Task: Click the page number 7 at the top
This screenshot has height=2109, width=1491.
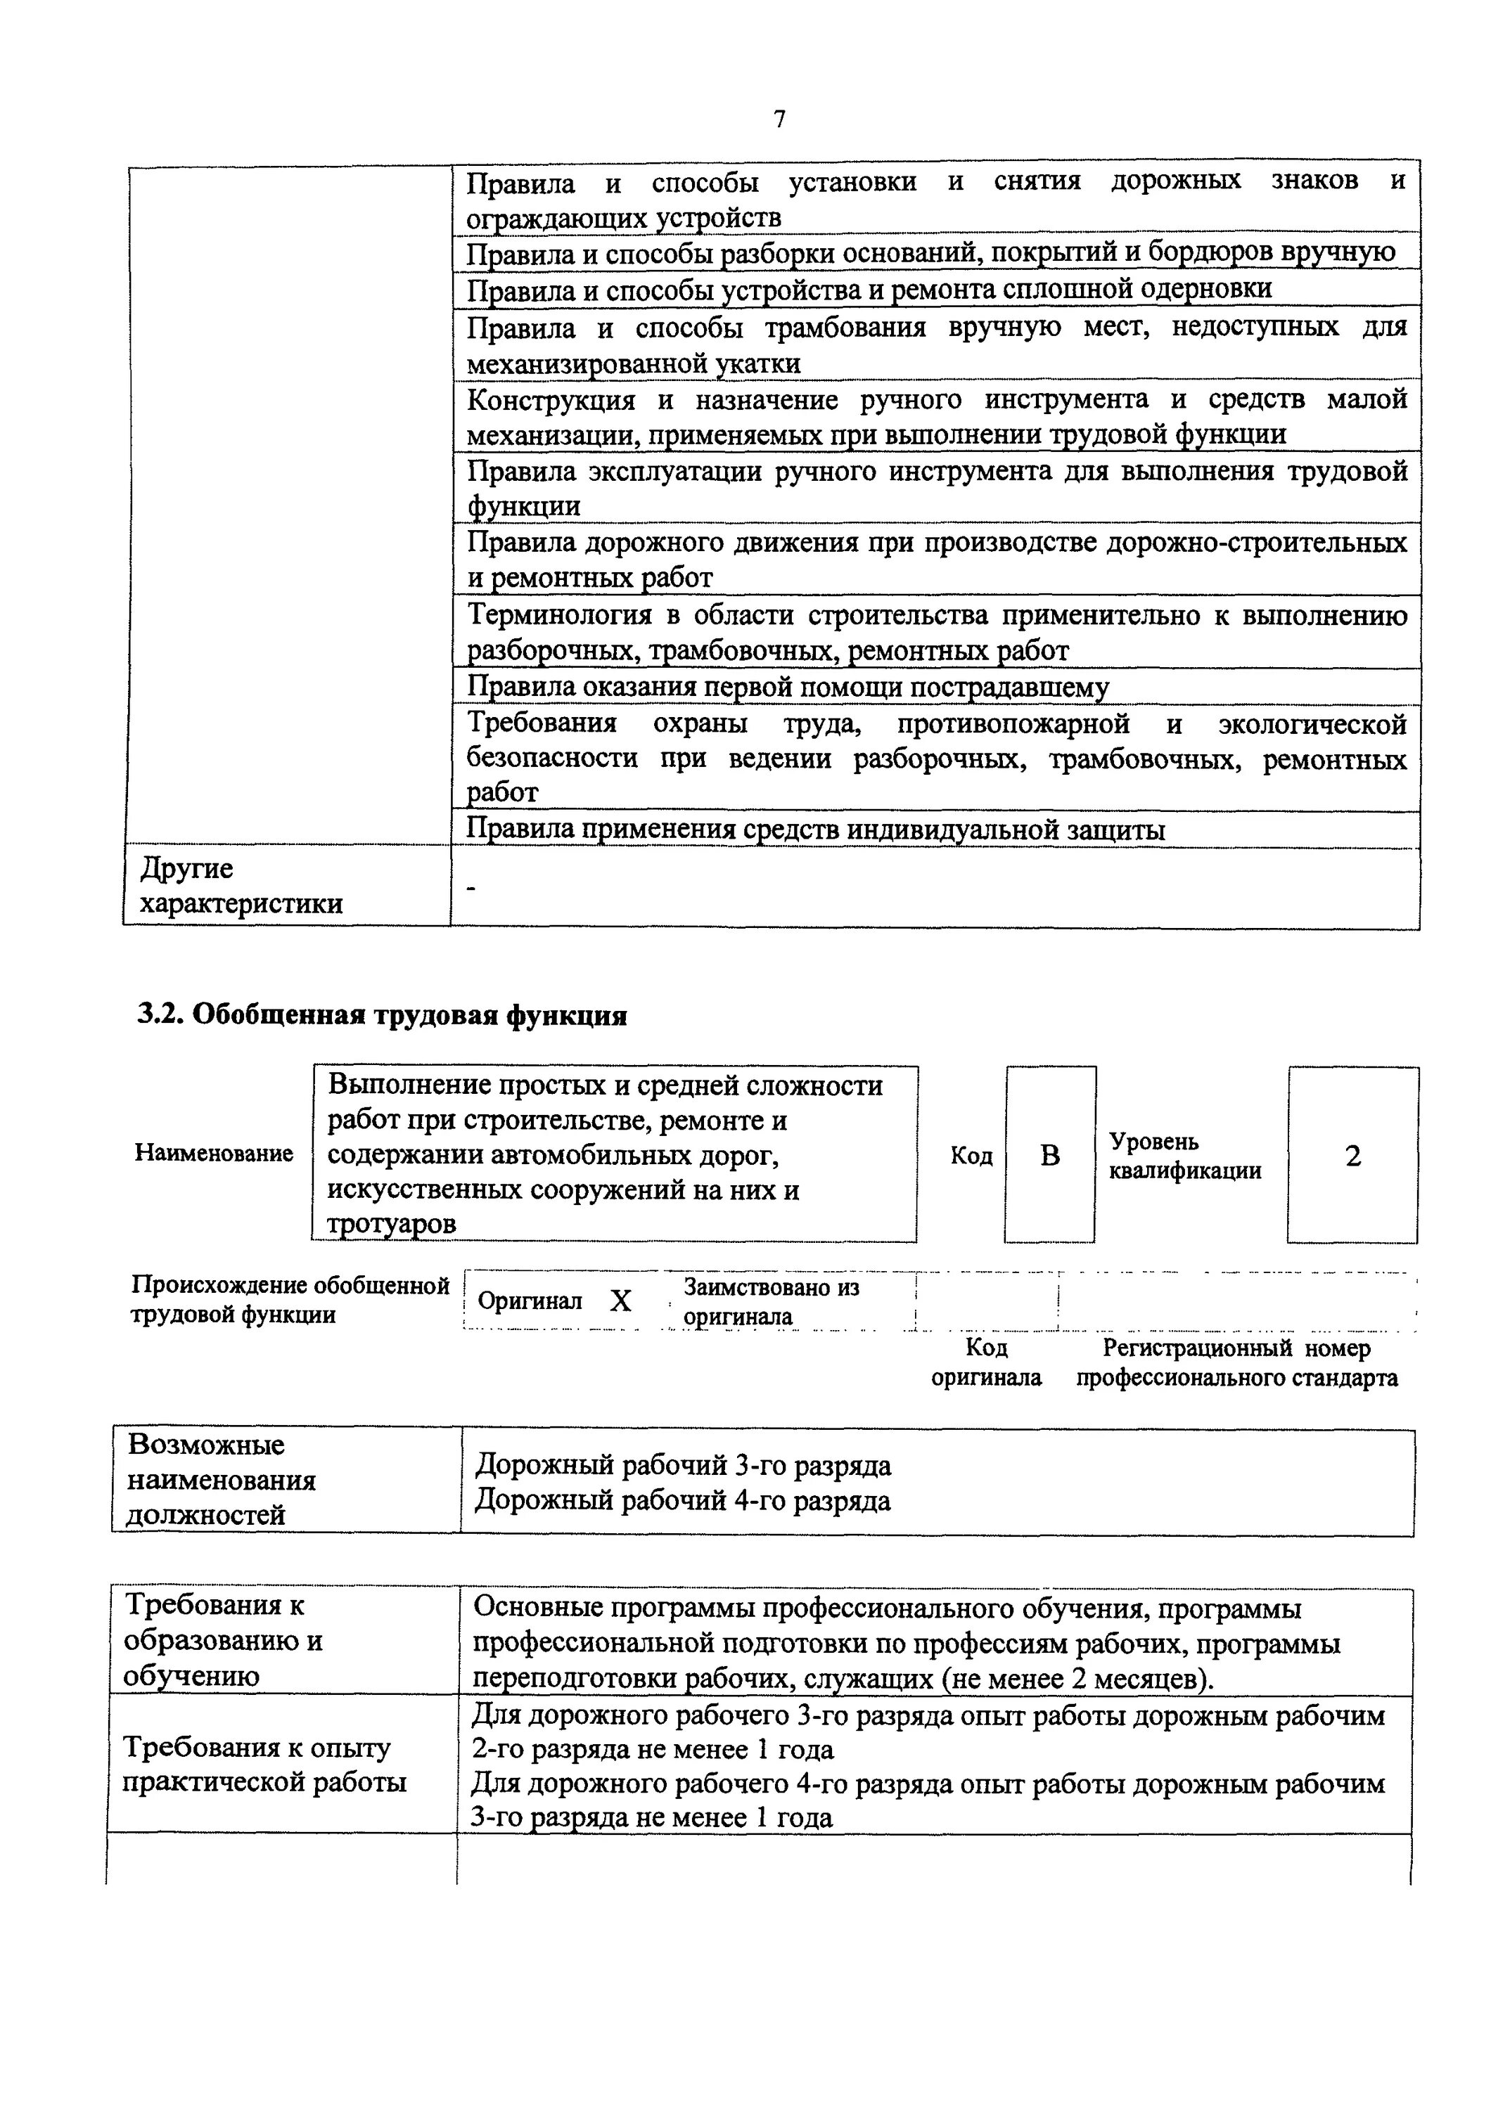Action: point(779,120)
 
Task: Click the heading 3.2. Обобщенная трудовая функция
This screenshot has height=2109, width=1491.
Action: point(382,1015)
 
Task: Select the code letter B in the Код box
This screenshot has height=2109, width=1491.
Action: point(1050,1156)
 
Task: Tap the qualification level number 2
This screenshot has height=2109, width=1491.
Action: point(1352,1156)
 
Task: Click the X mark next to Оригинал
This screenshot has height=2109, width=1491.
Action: point(621,1301)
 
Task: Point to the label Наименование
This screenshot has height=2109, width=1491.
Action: point(214,1153)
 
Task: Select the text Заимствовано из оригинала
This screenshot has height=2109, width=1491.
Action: point(770,1301)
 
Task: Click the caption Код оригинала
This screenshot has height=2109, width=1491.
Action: point(987,1362)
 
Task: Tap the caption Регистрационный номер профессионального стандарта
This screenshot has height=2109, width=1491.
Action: point(1236,1362)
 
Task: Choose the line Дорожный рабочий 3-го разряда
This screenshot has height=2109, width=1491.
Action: point(683,1465)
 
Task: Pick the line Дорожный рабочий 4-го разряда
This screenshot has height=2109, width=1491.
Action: point(683,1501)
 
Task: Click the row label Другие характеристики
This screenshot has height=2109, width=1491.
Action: point(241,886)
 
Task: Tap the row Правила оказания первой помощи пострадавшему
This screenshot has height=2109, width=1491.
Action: point(787,687)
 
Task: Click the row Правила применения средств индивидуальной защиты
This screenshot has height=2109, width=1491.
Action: point(815,830)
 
